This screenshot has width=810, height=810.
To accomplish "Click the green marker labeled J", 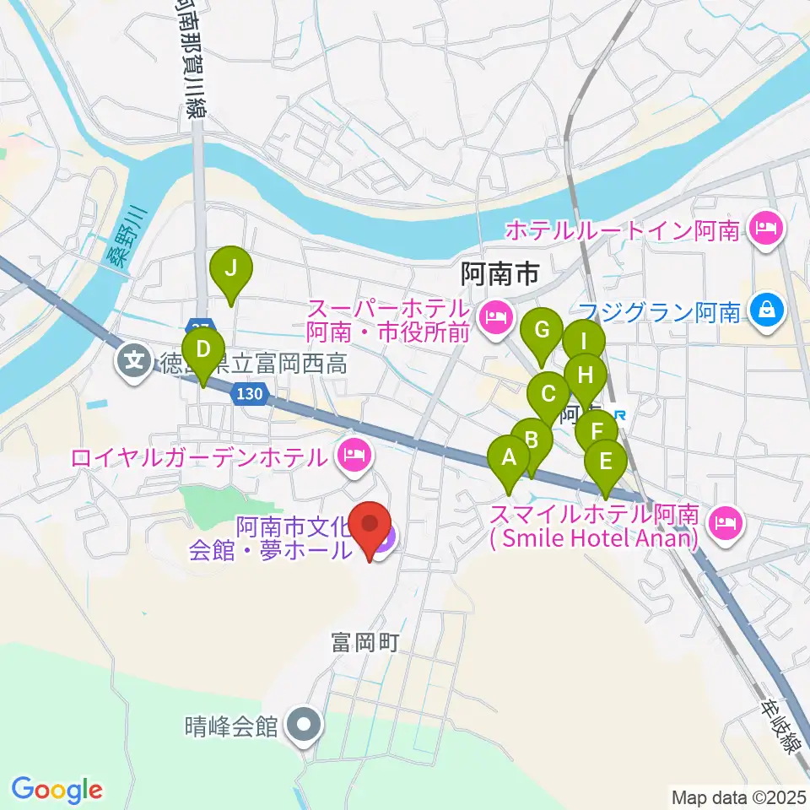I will [x=235, y=271].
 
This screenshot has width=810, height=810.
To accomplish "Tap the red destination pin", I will [x=370, y=526].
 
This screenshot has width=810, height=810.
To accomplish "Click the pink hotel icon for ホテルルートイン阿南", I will [x=766, y=227].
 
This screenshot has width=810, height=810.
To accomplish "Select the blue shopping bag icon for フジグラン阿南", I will [x=766, y=312].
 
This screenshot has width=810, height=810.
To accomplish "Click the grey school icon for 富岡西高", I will [x=134, y=364].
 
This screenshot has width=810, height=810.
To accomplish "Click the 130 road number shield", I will [x=251, y=394].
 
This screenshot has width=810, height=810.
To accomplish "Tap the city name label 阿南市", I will [x=499, y=273].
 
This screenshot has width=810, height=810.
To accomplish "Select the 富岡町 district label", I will [x=364, y=643].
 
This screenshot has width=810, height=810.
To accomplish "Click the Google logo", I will [x=57, y=789].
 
